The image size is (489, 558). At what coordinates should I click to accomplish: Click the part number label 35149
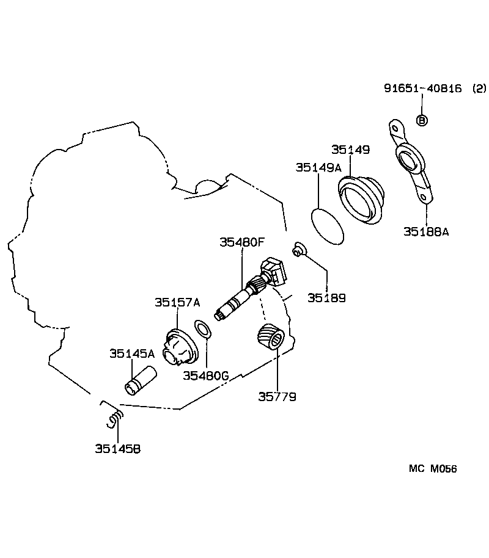351,150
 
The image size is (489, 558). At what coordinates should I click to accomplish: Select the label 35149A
318,167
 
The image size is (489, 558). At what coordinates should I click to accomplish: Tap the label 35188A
426,231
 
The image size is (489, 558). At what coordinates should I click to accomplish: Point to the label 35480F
242,242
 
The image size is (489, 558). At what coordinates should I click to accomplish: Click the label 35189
326,299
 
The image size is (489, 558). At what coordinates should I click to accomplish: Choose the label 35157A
177,302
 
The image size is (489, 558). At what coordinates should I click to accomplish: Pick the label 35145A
132,353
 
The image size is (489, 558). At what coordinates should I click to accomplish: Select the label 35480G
206,375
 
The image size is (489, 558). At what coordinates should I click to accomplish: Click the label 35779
277,397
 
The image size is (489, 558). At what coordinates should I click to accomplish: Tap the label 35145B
117,449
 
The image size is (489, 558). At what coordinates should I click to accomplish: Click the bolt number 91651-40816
423,88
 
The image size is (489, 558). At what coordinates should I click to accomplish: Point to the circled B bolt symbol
422,120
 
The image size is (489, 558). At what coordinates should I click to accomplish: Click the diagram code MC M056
433,469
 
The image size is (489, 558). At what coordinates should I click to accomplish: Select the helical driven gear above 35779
269,338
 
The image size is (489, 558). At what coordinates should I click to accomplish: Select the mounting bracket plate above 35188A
410,161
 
